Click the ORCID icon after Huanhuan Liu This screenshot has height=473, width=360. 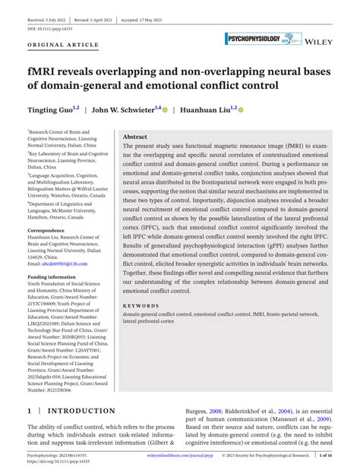[x=241, y=110]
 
